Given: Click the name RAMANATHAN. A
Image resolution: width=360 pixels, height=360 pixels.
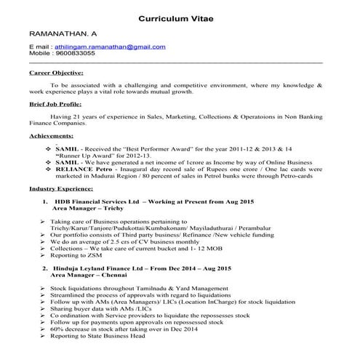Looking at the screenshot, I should click(x=63, y=35).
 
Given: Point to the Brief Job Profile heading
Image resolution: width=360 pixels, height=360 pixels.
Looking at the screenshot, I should click(x=55, y=104).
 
